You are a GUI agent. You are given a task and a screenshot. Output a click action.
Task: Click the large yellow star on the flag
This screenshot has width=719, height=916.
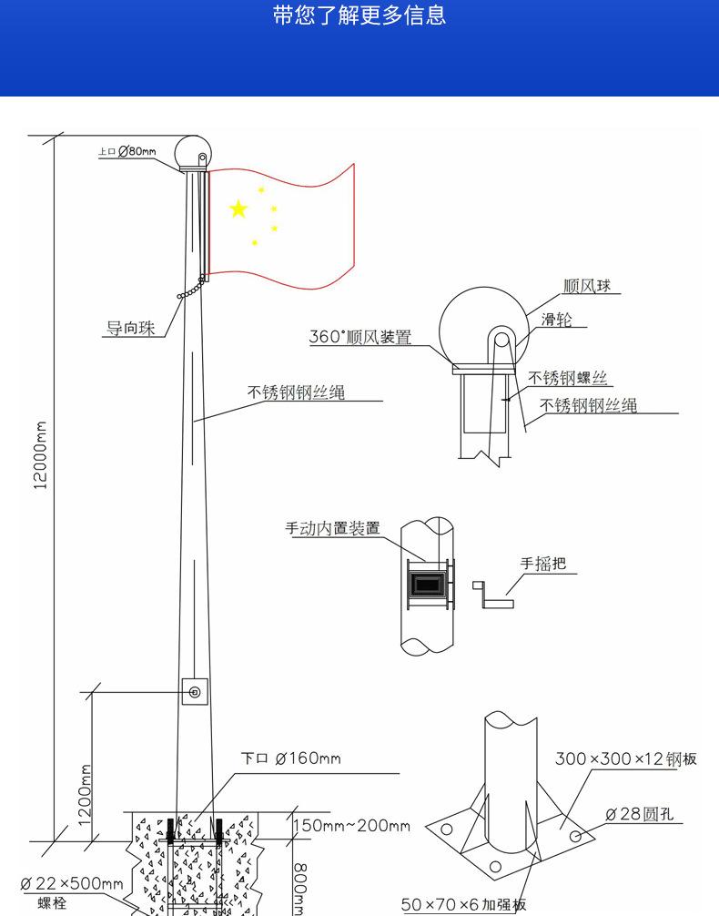point(238,209)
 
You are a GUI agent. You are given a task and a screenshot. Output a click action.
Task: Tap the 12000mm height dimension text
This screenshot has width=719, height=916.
point(40,455)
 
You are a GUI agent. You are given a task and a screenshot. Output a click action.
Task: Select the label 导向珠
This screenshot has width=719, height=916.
point(130,328)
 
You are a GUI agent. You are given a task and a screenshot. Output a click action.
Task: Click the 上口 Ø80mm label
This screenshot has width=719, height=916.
point(127,151)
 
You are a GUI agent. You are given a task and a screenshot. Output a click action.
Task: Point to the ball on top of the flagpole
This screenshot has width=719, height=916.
point(193,152)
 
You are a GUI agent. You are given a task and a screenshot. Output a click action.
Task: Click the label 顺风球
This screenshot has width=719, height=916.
point(586,286)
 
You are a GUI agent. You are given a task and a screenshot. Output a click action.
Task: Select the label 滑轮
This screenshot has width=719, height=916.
point(557,319)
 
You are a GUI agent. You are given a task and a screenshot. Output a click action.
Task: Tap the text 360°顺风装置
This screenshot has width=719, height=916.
point(360,337)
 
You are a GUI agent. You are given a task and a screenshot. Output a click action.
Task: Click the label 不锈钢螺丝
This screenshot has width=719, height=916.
point(568,378)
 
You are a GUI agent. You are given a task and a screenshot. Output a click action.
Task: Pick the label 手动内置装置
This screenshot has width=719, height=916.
point(332,528)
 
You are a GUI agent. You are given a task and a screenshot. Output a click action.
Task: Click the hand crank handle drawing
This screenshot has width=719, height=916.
point(493,595)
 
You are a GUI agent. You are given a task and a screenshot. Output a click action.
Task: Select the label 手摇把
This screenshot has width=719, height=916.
point(543,563)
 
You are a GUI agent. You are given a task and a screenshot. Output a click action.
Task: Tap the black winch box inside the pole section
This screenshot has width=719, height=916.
point(428,585)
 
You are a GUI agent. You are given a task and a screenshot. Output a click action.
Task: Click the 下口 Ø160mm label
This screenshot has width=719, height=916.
point(291,758)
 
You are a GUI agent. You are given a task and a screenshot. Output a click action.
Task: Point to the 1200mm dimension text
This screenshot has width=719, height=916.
point(86,795)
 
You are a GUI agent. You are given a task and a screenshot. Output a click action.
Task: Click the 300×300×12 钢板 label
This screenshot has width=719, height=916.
point(626,758)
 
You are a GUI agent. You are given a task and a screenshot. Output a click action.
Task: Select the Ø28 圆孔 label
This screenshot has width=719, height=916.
point(640,814)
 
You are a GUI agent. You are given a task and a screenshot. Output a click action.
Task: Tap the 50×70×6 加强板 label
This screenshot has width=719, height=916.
point(464,904)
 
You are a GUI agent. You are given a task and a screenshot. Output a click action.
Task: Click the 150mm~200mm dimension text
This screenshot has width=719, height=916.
point(351,826)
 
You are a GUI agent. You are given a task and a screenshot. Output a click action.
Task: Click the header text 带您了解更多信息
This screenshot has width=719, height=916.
point(359,15)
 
